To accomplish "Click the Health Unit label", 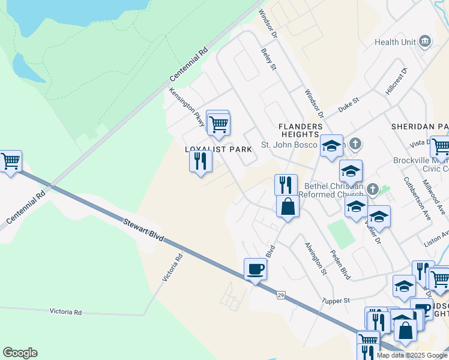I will tap(395, 42).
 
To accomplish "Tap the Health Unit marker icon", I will tap(426, 41).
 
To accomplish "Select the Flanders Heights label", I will tap(301, 130).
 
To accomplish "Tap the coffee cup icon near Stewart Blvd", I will tap(256, 269).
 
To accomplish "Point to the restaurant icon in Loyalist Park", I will tap(200, 161).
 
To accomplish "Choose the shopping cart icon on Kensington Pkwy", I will tap(219, 124).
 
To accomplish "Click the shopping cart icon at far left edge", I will tap(10, 161).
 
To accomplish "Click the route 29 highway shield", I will tap(281, 295).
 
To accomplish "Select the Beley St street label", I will tap(268, 60).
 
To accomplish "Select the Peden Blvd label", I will tap(342, 265).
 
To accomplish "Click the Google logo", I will tap(20, 353).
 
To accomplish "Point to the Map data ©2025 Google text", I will tap(411, 355).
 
